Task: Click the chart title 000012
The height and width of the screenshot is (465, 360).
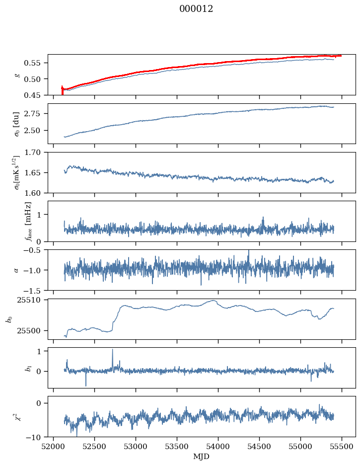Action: [196, 9]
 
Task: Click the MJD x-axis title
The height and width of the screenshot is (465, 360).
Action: [201, 457]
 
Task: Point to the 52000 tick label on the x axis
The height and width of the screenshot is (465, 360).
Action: [54, 447]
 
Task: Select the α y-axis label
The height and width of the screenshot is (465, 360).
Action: [16, 270]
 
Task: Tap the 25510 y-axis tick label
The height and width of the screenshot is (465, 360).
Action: [31, 300]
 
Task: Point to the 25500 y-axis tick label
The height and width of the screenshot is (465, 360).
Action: [31, 330]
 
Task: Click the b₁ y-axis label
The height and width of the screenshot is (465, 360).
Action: [14, 369]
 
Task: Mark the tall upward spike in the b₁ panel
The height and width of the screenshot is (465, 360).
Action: [112, 350]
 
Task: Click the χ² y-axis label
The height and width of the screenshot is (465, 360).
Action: [15, 416]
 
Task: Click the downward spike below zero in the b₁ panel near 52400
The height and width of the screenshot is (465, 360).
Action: [86, 385]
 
